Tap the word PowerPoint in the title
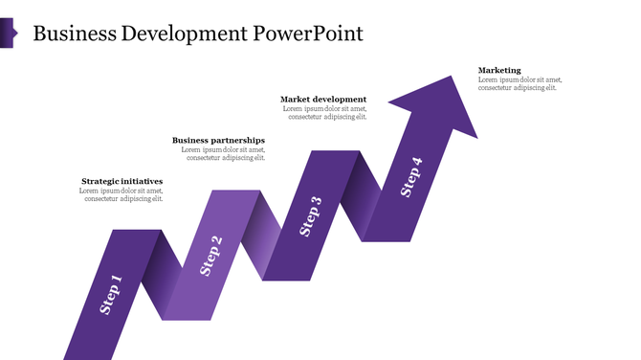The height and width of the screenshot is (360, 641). pyautogui.click(x=308, y=34)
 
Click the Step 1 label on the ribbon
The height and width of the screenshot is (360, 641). pyautogui.click(x=112, y=295)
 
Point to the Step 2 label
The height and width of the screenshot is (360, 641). pyautogui.click(x=211, y=256)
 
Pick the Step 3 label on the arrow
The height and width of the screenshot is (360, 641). pyautogui.click(x=311, y=216)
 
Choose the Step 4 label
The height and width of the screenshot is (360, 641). pyautogui.click(x=411, y=177)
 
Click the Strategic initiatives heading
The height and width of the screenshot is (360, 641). pyautogui.click(x=122, y=181)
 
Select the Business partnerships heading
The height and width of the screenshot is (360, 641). pyautogui.click(x=218, y=141)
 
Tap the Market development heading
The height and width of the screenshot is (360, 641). pyautogui.click(x=323, y=100)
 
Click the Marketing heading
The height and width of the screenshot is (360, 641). pyautogui.click(x=499, y=70)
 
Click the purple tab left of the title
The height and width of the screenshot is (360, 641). pyautogui.click(x=7, y=34)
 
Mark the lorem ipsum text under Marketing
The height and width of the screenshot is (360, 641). pyautogui.click(x=518, y=83)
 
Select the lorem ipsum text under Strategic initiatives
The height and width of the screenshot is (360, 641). pyautogui.click(x=122, y=195)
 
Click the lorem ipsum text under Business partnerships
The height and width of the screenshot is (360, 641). pyautogui.click(x=223, y=154)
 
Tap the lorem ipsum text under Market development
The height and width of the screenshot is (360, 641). pyautogui.click(x=324, y=113)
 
